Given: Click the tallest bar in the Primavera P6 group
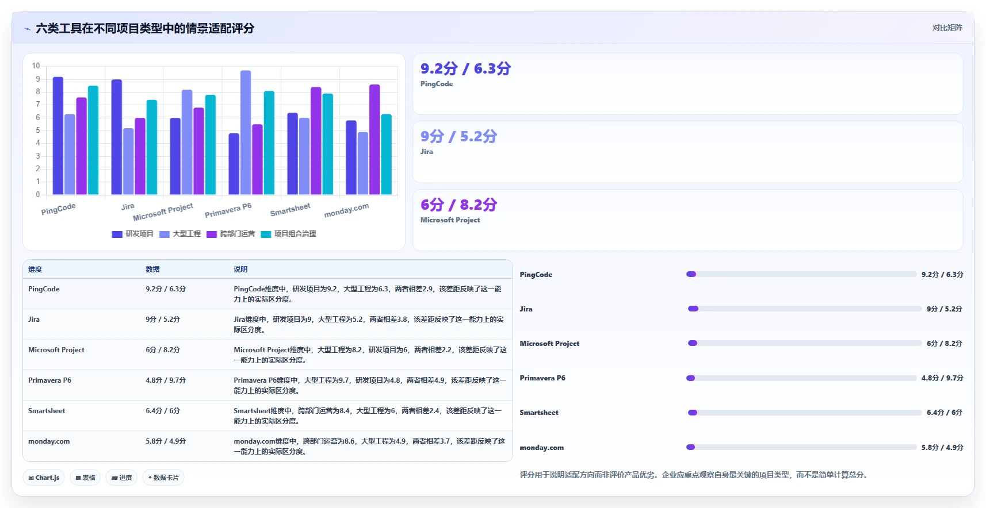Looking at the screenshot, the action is (246, 132).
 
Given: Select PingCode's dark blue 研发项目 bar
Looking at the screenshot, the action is (58, 136).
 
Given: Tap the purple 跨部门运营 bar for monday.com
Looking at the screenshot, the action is (374, 140).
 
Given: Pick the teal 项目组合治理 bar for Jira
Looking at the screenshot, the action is (152, 147).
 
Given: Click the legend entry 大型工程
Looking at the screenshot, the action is (180, 234).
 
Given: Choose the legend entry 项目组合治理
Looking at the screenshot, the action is (288, 234).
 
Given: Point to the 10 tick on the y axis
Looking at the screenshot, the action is (36, 66).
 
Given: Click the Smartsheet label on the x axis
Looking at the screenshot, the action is (290, 209).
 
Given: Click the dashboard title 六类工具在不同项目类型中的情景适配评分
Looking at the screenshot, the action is (145, 29).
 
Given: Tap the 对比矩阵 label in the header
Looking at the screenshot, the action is (947, 28).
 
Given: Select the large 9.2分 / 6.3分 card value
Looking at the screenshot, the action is (465, 68).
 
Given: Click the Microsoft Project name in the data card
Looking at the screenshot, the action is (450, 220).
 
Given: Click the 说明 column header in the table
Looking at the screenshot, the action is (240, 269).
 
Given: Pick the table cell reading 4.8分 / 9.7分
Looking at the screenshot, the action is (166, 380).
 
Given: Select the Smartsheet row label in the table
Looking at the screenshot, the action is (47, 410).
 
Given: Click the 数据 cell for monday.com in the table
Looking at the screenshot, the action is (166, 441).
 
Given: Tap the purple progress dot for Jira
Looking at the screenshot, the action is (693, 309).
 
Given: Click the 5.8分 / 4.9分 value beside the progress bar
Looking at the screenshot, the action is (942, 447).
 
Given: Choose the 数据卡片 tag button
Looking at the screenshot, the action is (163, 478).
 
